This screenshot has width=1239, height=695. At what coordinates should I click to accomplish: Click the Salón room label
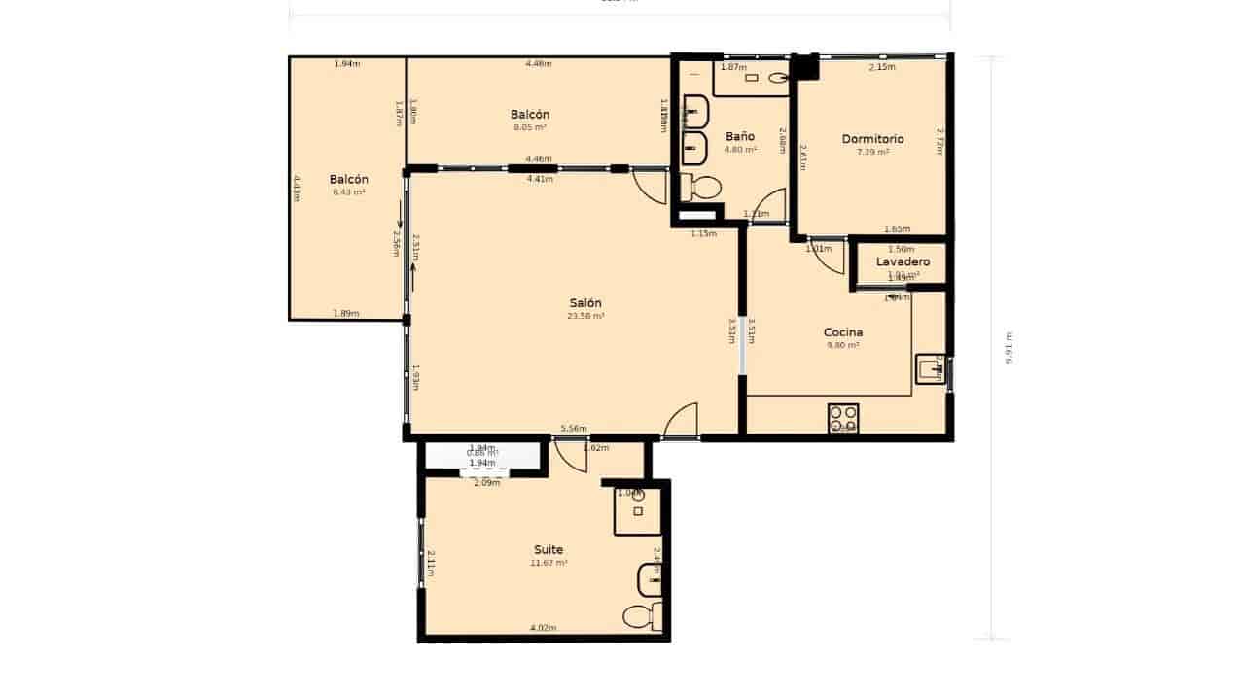click(x=585, y=303)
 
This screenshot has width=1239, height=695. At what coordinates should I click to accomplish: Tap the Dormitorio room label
click(x=872, y=139)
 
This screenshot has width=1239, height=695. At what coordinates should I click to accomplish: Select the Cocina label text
click(x=842, y=332)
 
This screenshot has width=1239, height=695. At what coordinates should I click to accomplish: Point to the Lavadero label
click(x=903, y=262)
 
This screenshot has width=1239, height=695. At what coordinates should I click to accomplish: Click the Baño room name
click(x=739, y=137)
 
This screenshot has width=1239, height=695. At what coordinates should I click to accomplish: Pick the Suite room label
click(x=549, y=550)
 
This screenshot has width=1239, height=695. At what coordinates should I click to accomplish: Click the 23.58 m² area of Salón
click(x=585, y=317)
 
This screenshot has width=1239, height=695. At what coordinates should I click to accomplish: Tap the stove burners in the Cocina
click(x=843, y=419)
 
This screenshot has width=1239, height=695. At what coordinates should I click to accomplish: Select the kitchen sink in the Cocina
click(x=930, y=369)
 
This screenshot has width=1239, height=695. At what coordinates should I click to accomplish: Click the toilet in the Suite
click(x=641, y=616)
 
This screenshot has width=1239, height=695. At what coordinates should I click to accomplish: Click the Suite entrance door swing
click(x=572, y=457)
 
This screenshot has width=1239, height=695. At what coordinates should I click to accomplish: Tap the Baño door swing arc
click(x=768, y=207)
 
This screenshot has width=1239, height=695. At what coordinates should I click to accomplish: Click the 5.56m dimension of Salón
click(x=573, y=429)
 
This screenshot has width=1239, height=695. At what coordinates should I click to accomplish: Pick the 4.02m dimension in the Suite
click(x=543, y=628)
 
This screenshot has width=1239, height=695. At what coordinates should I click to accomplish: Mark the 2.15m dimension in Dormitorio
click(x=881, y=67)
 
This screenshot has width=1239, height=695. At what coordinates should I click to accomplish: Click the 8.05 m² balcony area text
click(x=530, y=127)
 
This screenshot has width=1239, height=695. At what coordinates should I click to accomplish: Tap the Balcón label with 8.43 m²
click(x=348, y=180)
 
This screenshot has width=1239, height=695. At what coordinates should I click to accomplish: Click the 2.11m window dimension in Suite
click(x=432, y=563)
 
